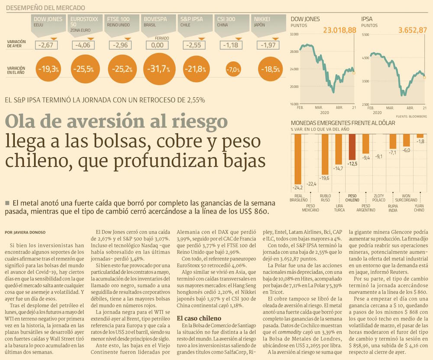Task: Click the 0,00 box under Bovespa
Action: click(158, 45)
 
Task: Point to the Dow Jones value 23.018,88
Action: click(339, 30)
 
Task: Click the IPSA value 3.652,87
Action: click(412, 30)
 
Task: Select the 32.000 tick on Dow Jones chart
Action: click(294, 34)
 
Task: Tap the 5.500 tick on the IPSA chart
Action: click(365, 34)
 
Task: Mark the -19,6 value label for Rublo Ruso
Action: click(325, 178)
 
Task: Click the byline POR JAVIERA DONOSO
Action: click(25, 233)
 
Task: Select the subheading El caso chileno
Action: click(202, 318)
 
